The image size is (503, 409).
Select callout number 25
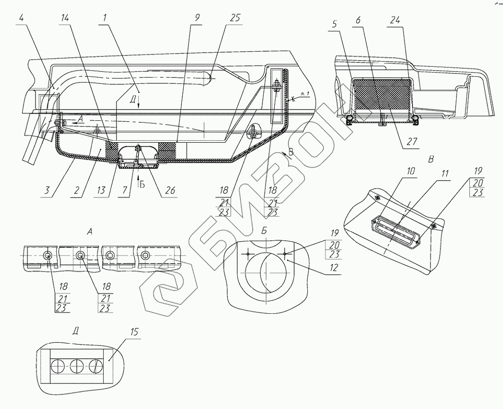tap(235, 19)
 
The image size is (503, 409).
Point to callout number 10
tap(410, 171)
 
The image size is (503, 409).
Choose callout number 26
tap(170, 190)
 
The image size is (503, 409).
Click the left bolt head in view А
tap(47, 256)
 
